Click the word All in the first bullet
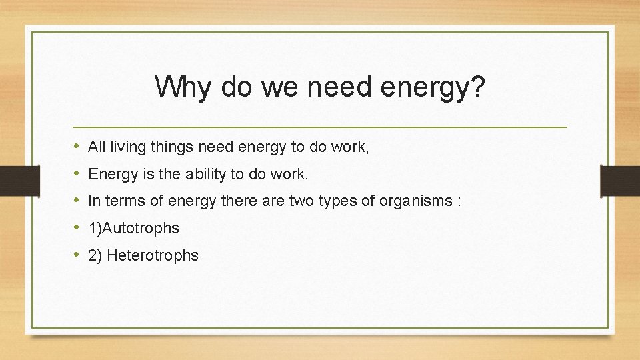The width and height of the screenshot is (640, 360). pyautogui.click(x=97, y=147)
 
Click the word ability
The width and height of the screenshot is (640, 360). pyautogui.click(x=209, y=175)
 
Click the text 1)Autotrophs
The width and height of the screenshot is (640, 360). pyautogui.click(x=133, y=228)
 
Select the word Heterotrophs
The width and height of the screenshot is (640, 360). pyautogui.click(x=153, y=255)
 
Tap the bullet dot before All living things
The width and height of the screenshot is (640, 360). pyautogui.click(x=77, y=146)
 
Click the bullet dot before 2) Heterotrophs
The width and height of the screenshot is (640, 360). pyautogui.click(x=77, y=255)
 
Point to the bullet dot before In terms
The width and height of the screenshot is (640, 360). pyautogui.click(x=77, y=200)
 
